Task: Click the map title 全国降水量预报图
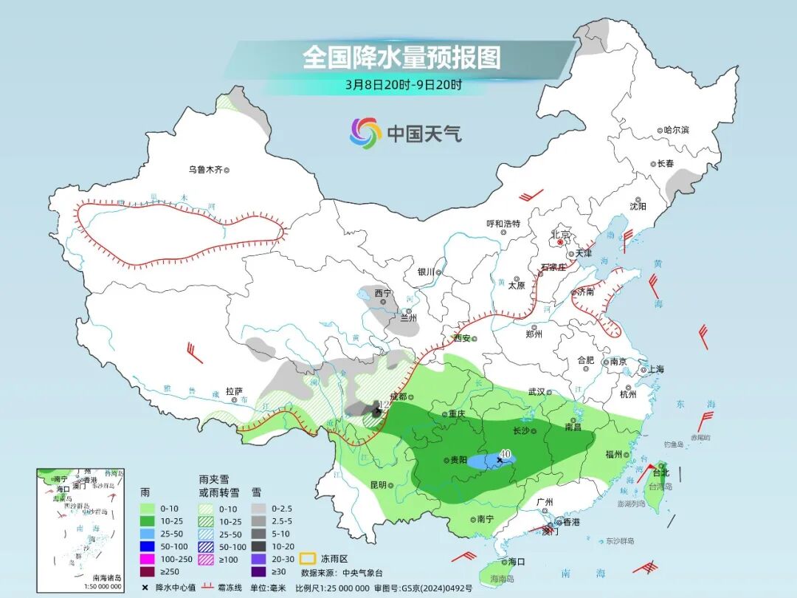401,57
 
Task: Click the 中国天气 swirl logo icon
366,133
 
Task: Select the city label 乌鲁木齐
204,170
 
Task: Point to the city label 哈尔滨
675,130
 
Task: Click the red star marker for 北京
561,241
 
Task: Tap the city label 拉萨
234,391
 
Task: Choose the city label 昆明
378,485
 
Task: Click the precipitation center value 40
506,453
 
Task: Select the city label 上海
655,369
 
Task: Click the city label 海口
517,562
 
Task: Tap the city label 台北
659,472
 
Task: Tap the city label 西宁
382,293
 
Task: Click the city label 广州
545,502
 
